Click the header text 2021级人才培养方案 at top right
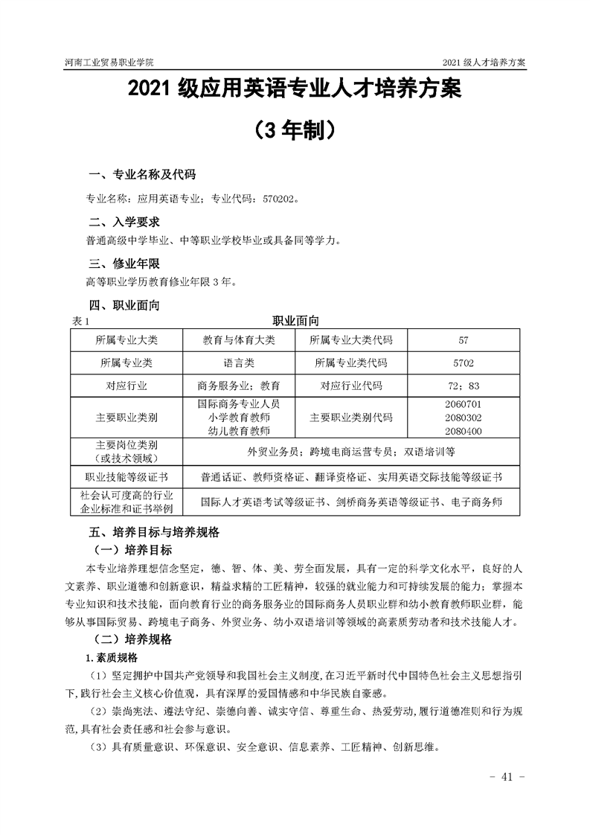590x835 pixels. (484, 63)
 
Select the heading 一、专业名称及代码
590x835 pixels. (142, 176)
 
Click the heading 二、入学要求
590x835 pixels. (124, 223)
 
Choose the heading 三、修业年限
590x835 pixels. (124, 264)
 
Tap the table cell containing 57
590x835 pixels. (464, 340)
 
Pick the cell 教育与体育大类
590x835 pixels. (239, 340)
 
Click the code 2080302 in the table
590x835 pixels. (464, 418)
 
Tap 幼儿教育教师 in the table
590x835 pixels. (239, 430)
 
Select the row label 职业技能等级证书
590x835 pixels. (126, 476)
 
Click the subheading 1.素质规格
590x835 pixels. (112, 658)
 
